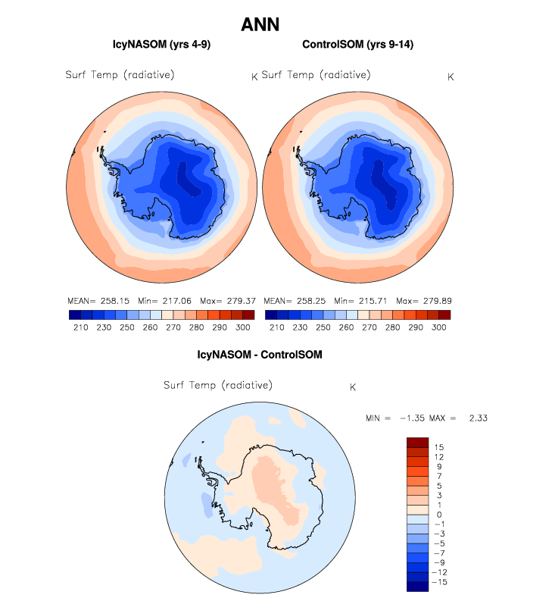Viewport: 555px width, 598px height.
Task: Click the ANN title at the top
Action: point(260,25)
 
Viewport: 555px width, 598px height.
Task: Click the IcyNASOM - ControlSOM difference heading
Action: point(260,354)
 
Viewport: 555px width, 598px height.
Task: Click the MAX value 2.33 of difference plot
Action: point(485,418)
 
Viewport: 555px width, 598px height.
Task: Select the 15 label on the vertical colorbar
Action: point(438,447)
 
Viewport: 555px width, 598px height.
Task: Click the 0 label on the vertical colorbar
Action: point(438,515)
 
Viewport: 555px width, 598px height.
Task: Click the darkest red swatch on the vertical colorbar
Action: point(418,442)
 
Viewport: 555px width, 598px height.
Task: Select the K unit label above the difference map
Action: point(353,387)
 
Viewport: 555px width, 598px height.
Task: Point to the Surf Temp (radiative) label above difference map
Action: point(218,385)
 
